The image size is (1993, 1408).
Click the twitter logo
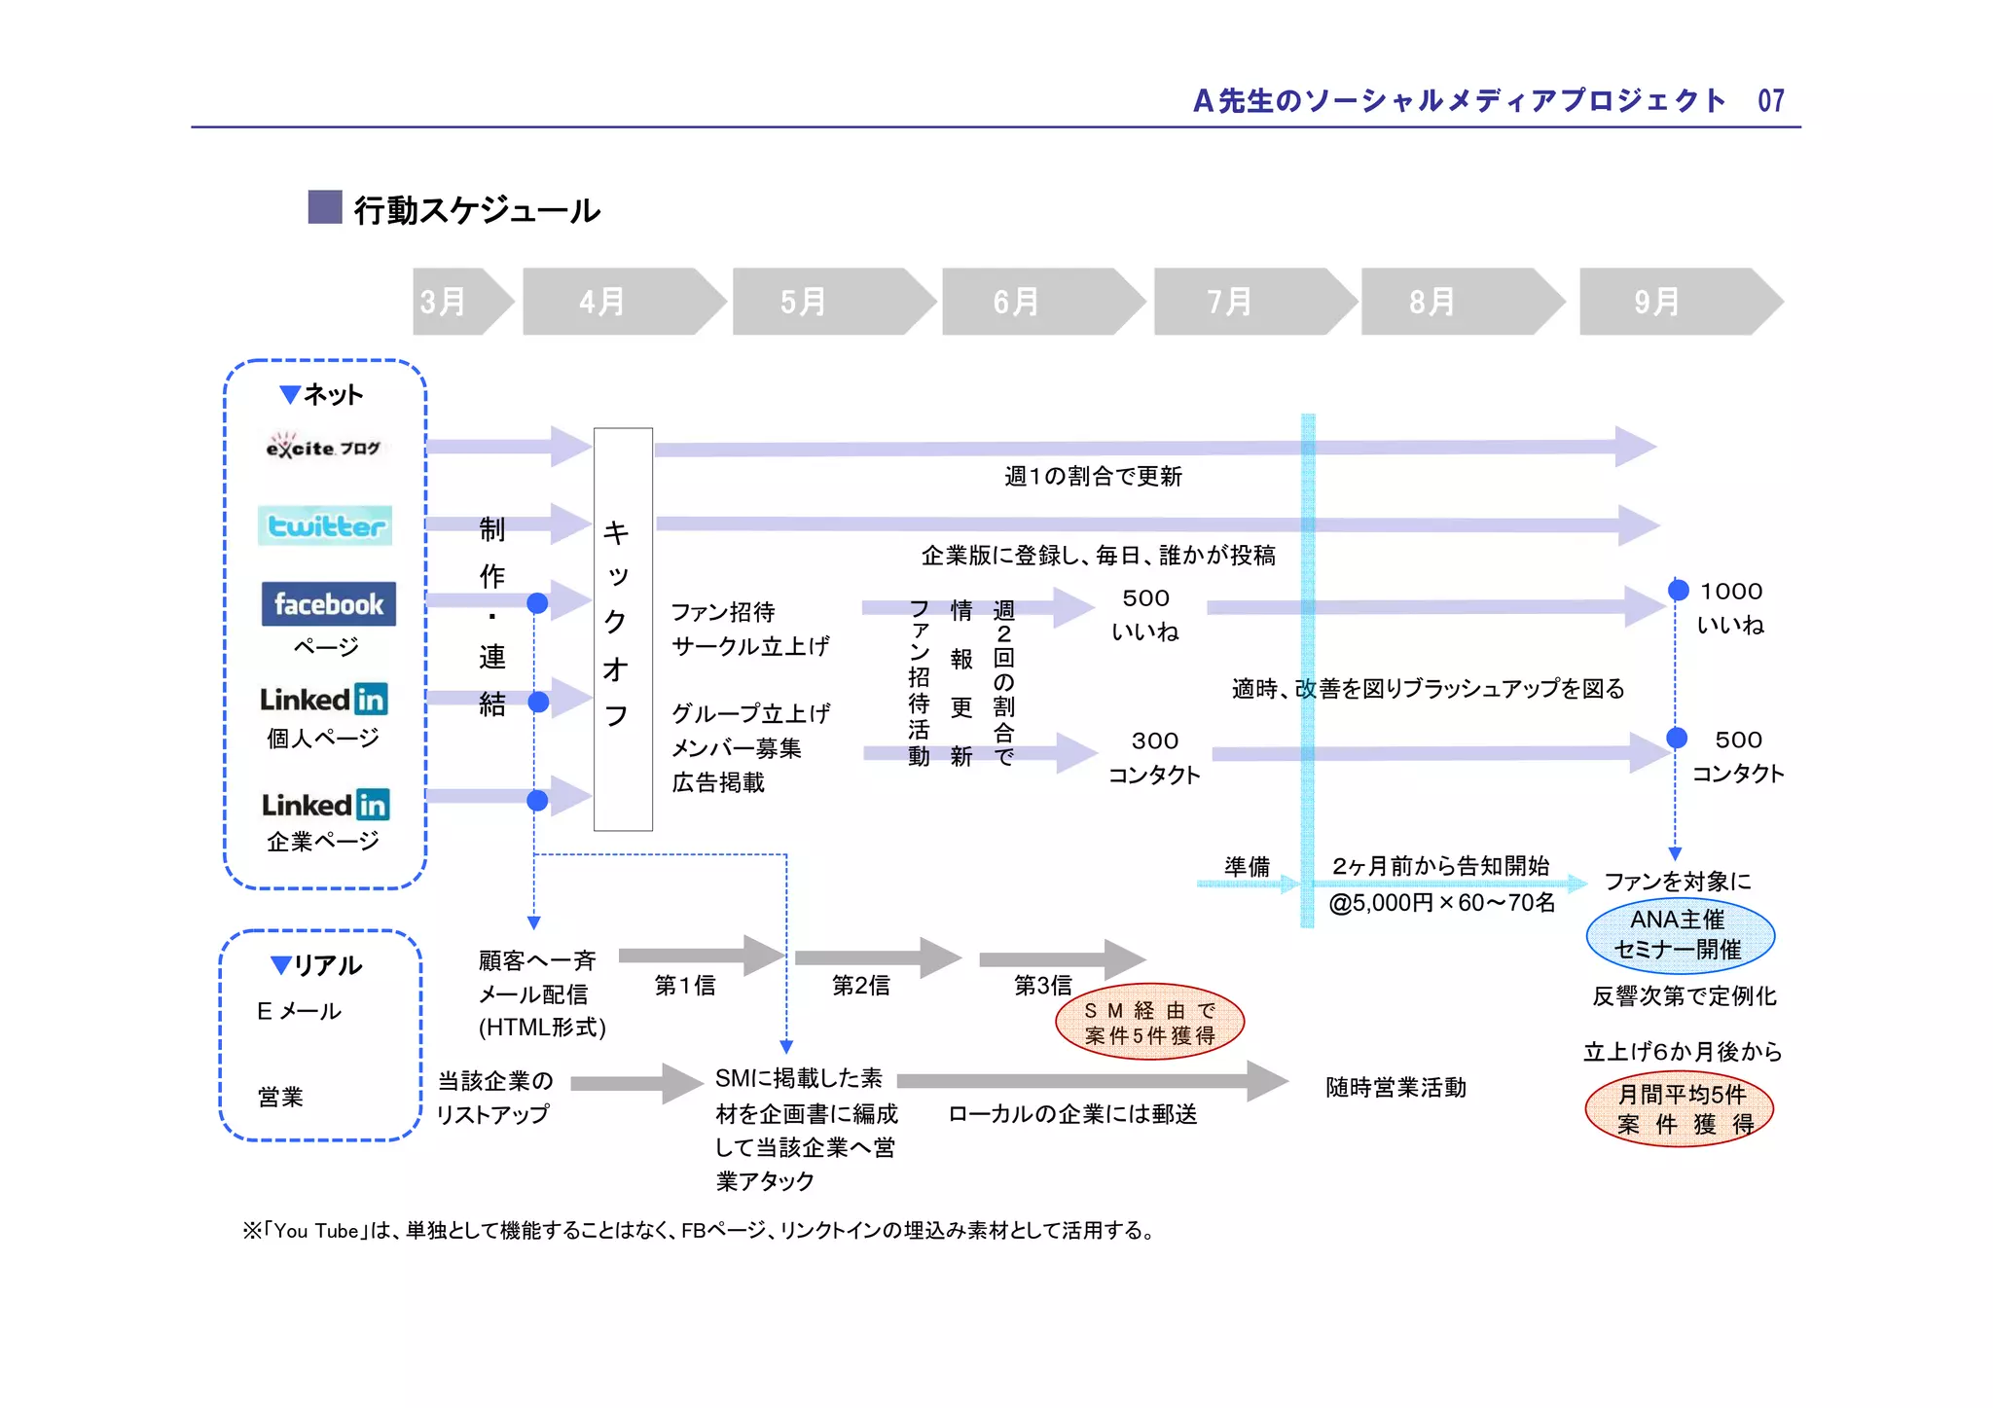pyautogui.click(x=325, y=525)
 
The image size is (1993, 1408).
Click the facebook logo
pyautogui.click(x=328, y=603)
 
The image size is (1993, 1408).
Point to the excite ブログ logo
pyautogui.click(x=322, y=447)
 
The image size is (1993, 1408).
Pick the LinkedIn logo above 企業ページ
pyautogui.click(x=325, y=804)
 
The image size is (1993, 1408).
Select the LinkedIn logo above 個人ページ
pyautogui.click(x=323, y=699)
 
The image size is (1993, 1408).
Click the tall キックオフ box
pyautogui.click(x=623, y=629)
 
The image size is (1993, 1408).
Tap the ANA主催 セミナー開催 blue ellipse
pyautogui.click(x=1680, y=934)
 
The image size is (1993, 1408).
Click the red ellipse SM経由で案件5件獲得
pyautogui.click(x=1149, y=1023)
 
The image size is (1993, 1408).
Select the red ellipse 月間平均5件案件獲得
pyautogui.click(x=1680, y=1109)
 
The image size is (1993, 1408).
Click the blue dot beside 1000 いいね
pyautogui.click(x=1678, y=590)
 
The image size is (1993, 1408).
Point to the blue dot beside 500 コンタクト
pyautogui.click(x=1677, y=738)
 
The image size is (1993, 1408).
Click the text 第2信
pyautogui.click(x=860, y=986)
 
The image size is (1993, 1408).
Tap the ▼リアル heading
pyautogui.click(x=317, y=965)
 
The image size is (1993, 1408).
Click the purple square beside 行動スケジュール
pyautogui.click(x=325, y=207)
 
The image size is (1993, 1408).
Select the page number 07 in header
pyautogui.click(x=1770, y=100)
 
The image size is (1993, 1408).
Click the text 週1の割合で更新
pyautogui.click(x=1093, y=476)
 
